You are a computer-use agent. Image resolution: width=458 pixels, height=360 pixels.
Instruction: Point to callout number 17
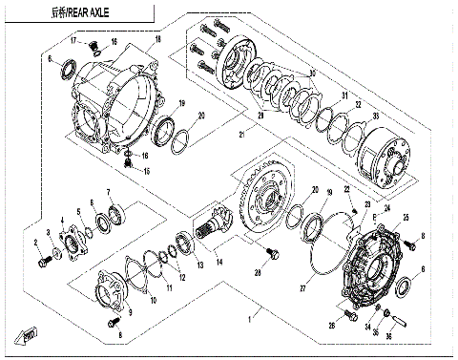coord(73,39)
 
